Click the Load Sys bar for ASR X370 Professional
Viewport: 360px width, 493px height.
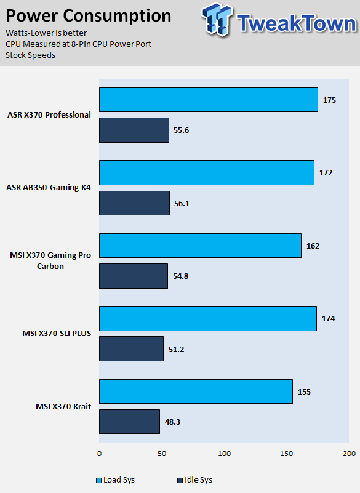coord(209,100)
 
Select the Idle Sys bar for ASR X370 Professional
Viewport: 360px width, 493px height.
coord(134,130)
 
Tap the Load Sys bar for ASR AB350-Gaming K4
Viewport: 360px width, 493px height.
coord(207,172)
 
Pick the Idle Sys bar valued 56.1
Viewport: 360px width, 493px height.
coord(135,203)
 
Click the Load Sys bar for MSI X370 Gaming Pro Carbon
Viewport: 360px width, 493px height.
coord(200,246)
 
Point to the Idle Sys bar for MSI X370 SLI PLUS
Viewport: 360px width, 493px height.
coord(132,349)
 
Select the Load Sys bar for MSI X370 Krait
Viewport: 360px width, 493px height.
coord(196,391)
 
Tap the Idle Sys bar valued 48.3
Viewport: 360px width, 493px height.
coord(129,422)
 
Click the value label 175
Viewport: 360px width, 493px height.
coord(329,100)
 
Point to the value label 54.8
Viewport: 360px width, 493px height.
coord(180,276)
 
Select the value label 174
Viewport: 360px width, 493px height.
coord(328,318)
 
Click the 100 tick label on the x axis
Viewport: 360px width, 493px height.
coord(224,454)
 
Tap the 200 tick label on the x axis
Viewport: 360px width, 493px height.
coord(349,454)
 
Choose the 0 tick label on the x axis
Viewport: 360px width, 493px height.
coord(99,454)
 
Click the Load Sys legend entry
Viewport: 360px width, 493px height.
coord(116,480)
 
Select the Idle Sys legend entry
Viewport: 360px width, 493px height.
coord(195,480)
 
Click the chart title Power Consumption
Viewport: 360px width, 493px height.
coord(89,16)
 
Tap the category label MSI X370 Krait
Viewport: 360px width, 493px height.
coord(63,407)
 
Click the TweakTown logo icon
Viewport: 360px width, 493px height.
coord(217,20)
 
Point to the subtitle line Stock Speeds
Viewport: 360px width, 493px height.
coord(31,55)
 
